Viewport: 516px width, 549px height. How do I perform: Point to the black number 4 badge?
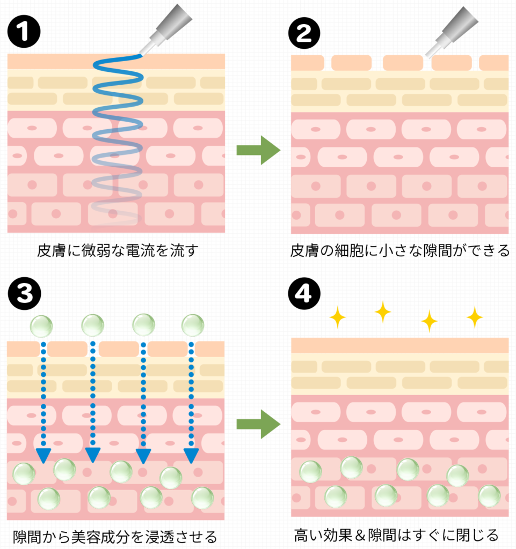[304, 292]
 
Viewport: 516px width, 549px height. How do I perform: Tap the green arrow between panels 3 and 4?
[258, 424]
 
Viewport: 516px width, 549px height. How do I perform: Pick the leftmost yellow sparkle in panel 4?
[338, 318]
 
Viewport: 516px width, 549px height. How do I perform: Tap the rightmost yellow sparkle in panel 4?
[475, 317]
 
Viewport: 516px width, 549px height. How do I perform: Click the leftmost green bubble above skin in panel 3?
[41, 325]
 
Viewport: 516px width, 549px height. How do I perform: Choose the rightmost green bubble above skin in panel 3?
[193, 325]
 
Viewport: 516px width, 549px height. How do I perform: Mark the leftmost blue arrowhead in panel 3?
[42, 455]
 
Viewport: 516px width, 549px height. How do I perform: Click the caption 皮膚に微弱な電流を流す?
[114, 250]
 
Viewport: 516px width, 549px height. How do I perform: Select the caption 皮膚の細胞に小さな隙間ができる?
[400, 250]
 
